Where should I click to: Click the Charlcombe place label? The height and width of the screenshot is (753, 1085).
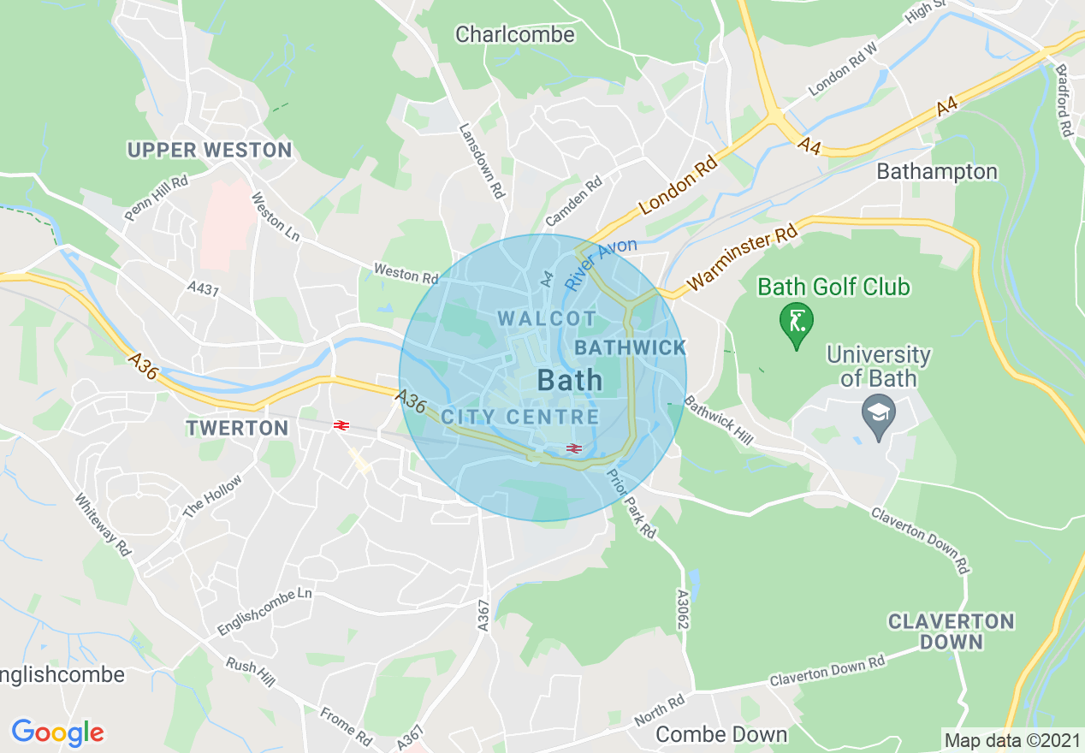pos(515,34)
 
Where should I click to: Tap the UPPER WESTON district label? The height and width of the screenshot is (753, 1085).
pos(210,151)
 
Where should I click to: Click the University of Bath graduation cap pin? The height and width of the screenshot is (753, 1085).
pos(879,417)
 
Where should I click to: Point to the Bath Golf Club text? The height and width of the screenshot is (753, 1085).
pos(834,287)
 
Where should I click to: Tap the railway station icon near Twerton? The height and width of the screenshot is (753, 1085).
pos(340,424)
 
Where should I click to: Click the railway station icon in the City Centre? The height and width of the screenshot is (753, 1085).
pos(573,448)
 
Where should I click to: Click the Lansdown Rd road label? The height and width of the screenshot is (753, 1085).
pos(483,162)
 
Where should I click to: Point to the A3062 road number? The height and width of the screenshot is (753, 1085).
pos(682,609)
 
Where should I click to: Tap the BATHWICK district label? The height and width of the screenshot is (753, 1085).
pos(631,347)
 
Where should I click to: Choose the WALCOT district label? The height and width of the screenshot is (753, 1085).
pos(541,318)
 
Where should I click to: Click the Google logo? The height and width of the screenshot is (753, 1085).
pos(57,732)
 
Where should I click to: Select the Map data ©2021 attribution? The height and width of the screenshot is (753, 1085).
pos(1011,739)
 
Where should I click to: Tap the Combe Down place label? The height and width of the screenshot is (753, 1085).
pos(721,734)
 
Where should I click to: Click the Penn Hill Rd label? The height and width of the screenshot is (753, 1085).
pos(156,199)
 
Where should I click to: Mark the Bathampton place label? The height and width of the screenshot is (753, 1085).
pos(937,172)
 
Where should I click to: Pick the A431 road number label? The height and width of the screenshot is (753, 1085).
pos(203,290)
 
